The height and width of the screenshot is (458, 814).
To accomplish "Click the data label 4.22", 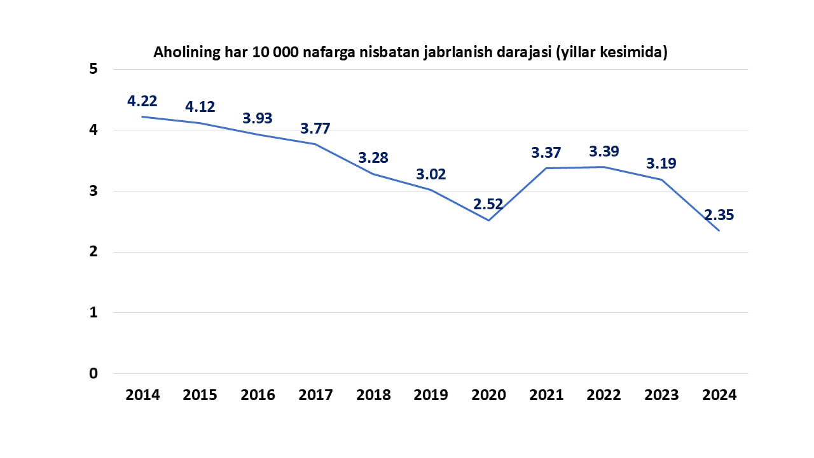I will pos(142,101).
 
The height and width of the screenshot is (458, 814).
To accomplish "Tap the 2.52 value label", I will pos(488,205).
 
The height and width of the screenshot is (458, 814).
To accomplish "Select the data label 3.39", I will pos(604,152).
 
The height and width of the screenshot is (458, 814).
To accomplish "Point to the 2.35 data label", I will pos(719,215).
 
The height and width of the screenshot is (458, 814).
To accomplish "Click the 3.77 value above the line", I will pos(315,128).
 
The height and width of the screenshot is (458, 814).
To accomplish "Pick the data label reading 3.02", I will pos(431,174).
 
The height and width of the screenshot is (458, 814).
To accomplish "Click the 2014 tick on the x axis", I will pos(142,395).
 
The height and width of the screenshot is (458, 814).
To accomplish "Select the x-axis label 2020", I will pos(488,395).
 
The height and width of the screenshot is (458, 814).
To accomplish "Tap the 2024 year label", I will pos(719,395).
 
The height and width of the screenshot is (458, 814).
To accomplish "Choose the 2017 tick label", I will pos(315,395).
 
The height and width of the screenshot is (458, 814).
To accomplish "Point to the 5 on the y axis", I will pos(93,69).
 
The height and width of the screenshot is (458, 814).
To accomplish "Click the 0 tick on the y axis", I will pos(93,373).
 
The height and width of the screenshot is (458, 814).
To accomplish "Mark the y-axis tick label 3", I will pos(93,191).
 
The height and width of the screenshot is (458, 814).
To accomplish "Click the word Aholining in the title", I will pos(185,53).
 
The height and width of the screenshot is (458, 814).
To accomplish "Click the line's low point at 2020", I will pos(488,220).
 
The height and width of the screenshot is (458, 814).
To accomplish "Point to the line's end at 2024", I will pos(719,230).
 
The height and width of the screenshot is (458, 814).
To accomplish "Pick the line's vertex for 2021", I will pos(546,169).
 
